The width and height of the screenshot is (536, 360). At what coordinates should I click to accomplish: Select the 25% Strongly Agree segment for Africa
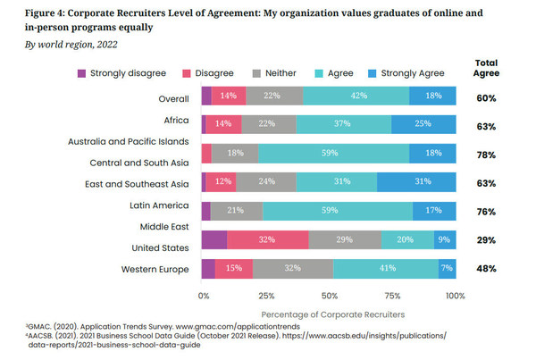coord(423,124)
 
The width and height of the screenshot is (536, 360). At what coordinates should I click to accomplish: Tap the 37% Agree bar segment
coord(342,124)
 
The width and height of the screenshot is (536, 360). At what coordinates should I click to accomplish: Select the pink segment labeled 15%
coord(234,268)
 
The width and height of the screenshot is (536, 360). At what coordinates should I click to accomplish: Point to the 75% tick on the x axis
coord(393,295)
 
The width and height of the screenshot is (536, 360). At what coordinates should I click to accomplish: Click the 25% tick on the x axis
coord(264,295)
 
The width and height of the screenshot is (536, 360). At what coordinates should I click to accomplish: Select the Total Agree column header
coord(486,70)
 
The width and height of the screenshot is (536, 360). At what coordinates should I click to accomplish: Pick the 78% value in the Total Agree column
coord(486,154)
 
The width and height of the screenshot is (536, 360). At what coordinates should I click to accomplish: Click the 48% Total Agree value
coord(486,268)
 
